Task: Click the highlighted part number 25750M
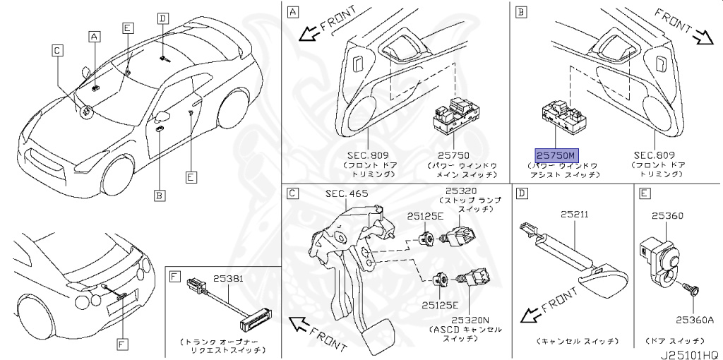556,155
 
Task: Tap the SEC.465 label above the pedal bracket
347,193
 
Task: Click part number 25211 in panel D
574,214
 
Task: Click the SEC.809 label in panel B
654,155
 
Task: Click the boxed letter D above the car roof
163,19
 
